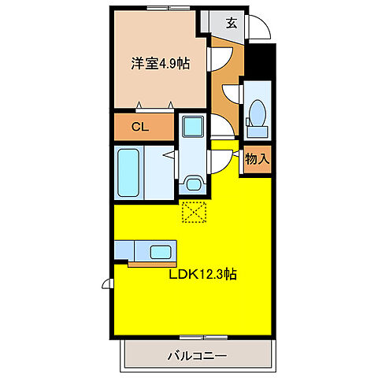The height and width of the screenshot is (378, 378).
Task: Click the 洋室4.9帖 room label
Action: point(154,64)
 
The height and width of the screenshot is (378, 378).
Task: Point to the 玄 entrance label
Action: point(232,23)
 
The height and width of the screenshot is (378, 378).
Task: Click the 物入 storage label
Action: point(257,159)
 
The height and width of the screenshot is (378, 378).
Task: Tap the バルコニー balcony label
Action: point(197,356)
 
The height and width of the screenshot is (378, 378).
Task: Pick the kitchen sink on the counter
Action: point(162,253)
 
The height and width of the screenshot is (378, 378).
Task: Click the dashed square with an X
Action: point(191,211)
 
